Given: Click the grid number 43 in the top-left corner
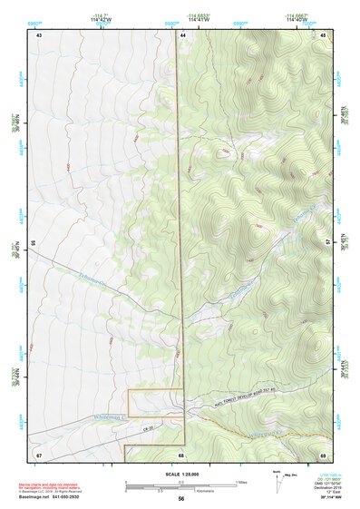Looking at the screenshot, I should pos(39,34).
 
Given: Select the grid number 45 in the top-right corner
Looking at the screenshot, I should pos(323,34).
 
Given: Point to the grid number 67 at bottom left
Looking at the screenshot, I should pos(39,454).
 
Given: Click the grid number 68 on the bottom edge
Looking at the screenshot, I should pos(181,455).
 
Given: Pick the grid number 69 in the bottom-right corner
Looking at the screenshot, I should pos(323,454).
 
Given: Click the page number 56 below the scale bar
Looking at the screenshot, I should pos(181,498).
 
